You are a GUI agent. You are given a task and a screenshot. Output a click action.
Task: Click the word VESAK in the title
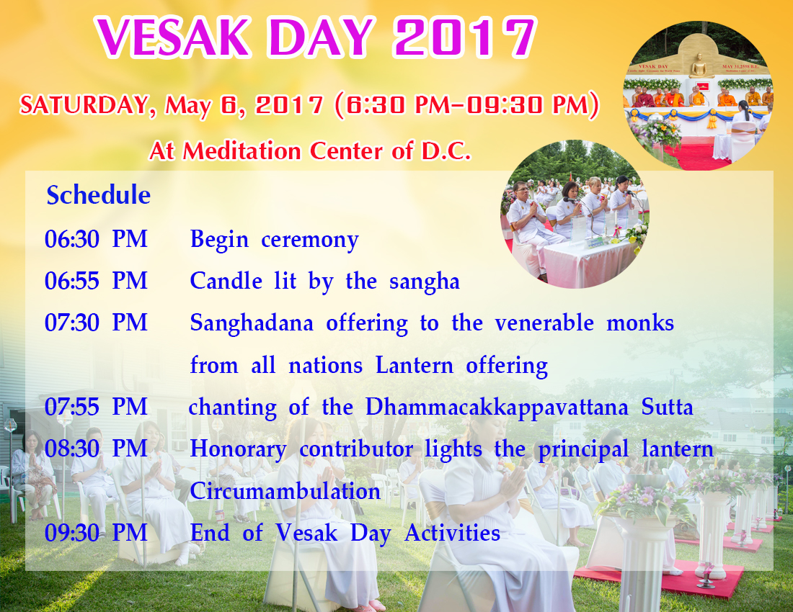[x=173, y=37]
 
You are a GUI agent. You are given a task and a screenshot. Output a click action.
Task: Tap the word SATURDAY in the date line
[x=84, y=105]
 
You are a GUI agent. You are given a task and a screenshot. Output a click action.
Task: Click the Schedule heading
[x=99, y=195]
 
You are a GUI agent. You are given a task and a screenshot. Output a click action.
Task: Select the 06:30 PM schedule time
[x=96, y=239]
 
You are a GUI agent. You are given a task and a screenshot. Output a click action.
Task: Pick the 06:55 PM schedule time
[x=96, y=281]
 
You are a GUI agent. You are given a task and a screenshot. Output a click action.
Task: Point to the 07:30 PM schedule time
[x=96, y=323]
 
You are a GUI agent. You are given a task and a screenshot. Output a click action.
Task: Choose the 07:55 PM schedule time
[x=96, y=407]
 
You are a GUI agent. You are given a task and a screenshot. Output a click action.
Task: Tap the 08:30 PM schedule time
[x=96, y=449]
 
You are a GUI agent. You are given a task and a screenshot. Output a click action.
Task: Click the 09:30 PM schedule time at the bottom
[x=96, y=534]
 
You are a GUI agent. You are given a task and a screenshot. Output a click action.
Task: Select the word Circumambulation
[x=285, y=491]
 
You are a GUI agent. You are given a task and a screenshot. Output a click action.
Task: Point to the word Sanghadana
[x=252, y=324]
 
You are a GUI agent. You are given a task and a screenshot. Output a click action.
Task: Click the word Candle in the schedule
[x=226, y=282]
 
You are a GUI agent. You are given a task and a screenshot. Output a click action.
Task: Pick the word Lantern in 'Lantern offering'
[x=415, y=365]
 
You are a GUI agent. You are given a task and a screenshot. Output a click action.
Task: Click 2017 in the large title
[x=465, y=37]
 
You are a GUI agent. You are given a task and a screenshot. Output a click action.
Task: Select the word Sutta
[x=667, y=408]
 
